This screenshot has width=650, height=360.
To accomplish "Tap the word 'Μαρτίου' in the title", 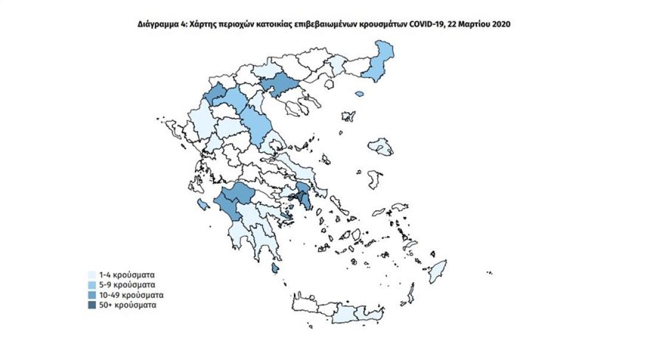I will (475, 24).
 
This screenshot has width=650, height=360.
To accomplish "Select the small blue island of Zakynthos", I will (203, 206).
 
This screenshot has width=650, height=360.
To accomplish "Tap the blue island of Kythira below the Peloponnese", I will (275, 269).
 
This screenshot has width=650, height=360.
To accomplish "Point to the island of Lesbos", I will (380, 146).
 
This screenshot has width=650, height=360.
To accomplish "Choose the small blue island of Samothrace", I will (360, 94).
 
